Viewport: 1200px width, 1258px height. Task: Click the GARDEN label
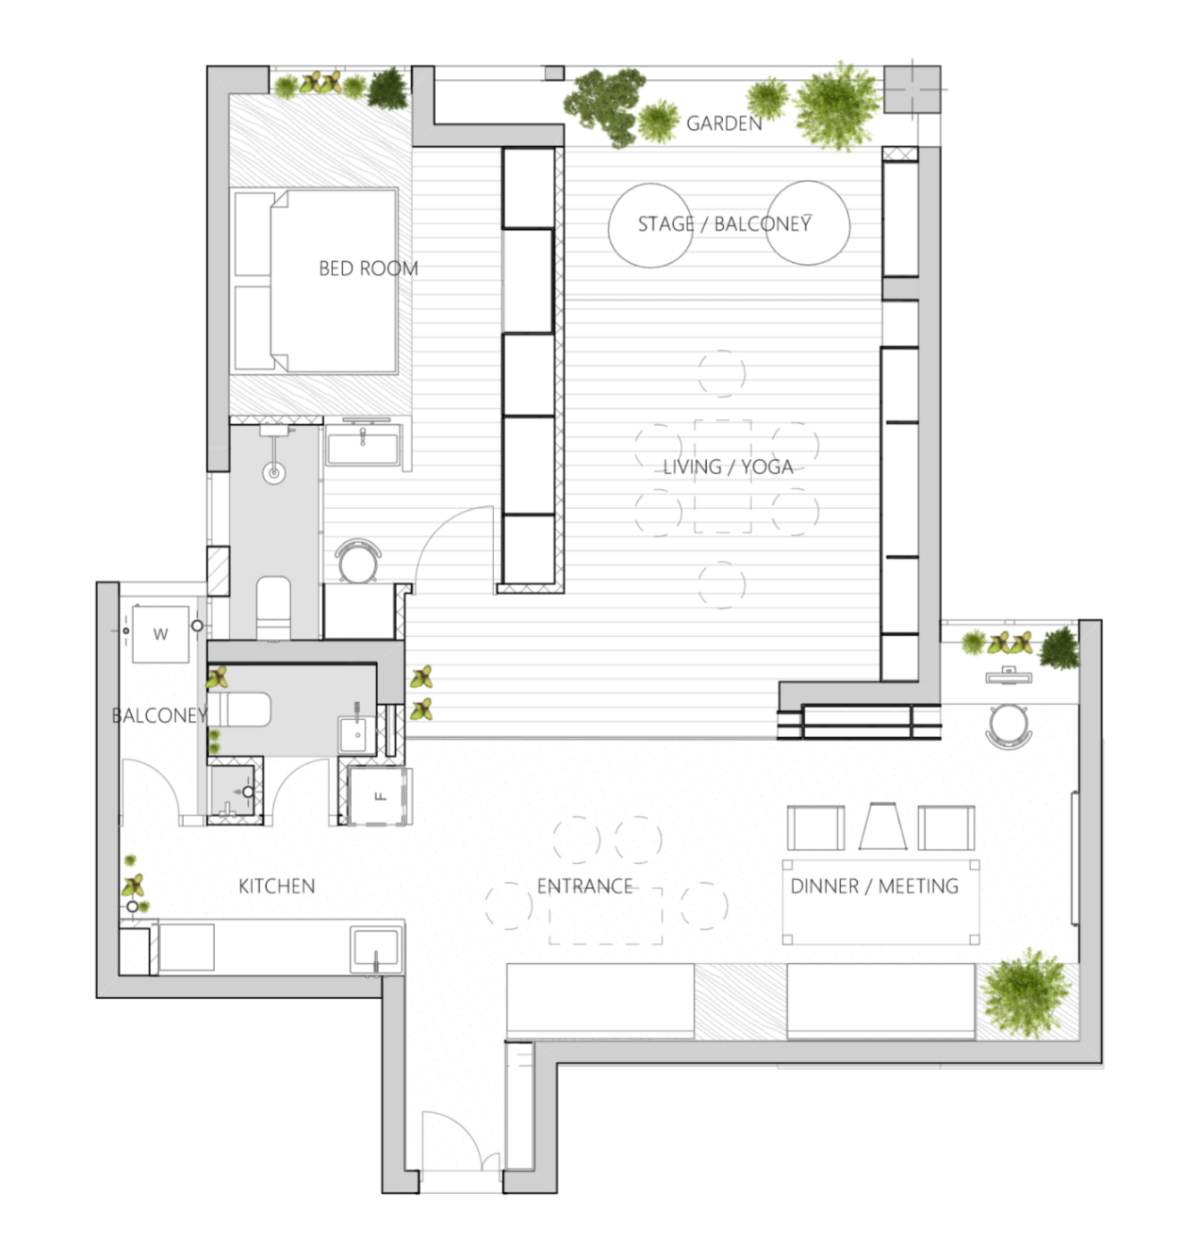point(724,123)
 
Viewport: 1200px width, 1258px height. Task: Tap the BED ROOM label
point(369,269)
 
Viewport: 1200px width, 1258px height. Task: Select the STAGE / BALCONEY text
point(724,224)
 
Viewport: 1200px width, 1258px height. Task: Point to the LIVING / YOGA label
point(728,467)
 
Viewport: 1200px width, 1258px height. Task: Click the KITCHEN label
point(276,886)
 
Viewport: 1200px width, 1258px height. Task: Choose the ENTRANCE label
point(584,886)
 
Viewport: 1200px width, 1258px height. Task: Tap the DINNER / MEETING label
point(874,886)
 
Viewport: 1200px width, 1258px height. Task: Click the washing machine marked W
point(160,634)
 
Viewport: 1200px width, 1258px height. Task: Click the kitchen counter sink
point(376,950)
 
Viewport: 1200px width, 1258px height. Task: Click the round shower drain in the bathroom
point(274,473)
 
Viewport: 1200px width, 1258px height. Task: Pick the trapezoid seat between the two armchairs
point(883,826)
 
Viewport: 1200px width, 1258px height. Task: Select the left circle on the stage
point(650,225)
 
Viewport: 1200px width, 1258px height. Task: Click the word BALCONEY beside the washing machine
point(159,715)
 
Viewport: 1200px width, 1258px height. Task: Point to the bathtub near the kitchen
point(240,709)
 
